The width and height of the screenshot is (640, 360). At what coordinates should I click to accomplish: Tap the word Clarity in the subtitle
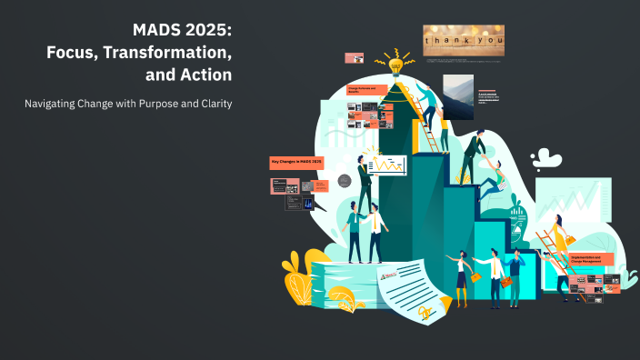[x=212, y=104]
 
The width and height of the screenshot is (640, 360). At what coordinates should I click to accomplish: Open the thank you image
[x=464, y=42]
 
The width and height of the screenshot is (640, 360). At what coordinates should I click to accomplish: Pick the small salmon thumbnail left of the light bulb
[x=355, y=57]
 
